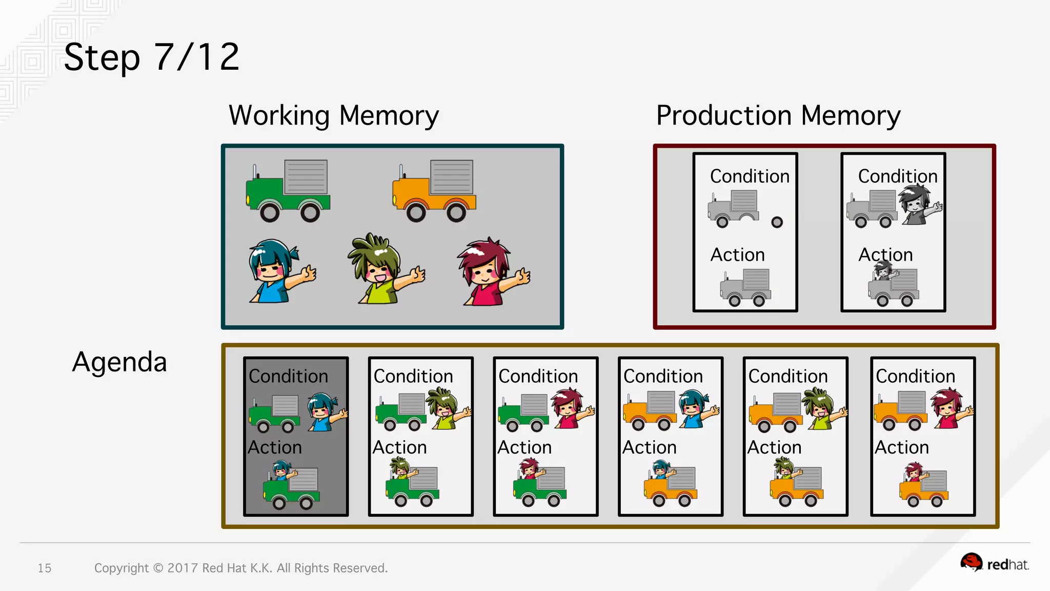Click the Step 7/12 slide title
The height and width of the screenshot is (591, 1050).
point(152,57)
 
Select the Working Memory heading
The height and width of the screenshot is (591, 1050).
point(334,116)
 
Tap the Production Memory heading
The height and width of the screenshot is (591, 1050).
point(778,116)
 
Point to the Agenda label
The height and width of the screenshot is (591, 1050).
point(119,362)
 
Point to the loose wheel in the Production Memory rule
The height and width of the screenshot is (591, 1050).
point(777,222)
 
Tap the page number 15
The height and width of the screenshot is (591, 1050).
point(45,568)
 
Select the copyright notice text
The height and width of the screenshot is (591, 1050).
point(241,568)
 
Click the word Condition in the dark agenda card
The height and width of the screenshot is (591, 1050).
point(288,377)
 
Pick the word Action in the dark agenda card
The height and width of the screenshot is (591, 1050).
point(275,447)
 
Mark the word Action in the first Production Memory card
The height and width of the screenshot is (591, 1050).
point(737,255)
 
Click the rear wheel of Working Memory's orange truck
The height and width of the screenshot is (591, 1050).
point(456,212)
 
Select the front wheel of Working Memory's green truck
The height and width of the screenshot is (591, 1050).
point(270,212)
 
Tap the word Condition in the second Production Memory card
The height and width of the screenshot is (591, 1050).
point(898,176)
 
